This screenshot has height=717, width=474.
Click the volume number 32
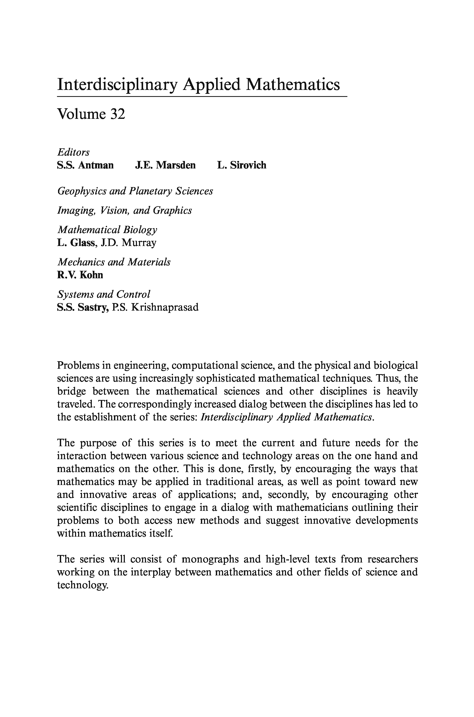click(117, 114)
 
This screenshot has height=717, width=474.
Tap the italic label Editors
click(73, 152)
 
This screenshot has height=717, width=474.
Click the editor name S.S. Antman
click(85, 165)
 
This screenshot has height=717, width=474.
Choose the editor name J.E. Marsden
click(165, 165)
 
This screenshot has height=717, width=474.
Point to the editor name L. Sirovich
click(242, 165)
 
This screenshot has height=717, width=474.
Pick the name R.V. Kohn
click(80, 275)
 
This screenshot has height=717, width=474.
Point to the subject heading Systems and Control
click(104, 294)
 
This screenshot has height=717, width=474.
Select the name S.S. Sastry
click(83, 307)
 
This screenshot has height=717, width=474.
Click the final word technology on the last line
click(82, 585)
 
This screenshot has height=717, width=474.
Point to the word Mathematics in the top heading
click(293, 84)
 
